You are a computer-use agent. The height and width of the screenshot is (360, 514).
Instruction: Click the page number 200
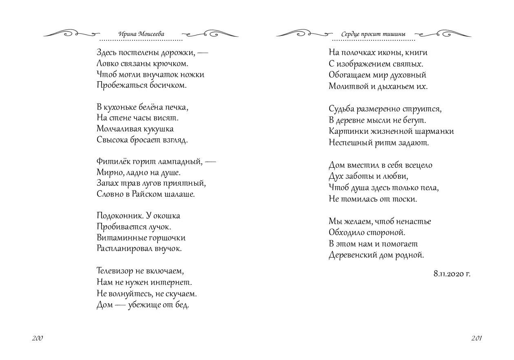coord(37,338)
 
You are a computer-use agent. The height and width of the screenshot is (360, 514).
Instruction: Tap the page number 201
coord(477,338)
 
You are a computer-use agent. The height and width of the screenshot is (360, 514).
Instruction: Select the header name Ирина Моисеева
coord(141,34)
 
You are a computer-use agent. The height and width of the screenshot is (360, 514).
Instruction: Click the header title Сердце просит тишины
coord(374,34)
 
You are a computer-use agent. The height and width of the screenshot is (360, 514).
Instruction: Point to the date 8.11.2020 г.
coord(452,274)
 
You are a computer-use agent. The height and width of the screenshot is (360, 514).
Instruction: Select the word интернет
coord(172,282)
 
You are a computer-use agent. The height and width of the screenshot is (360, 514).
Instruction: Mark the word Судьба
coord(341,109)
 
